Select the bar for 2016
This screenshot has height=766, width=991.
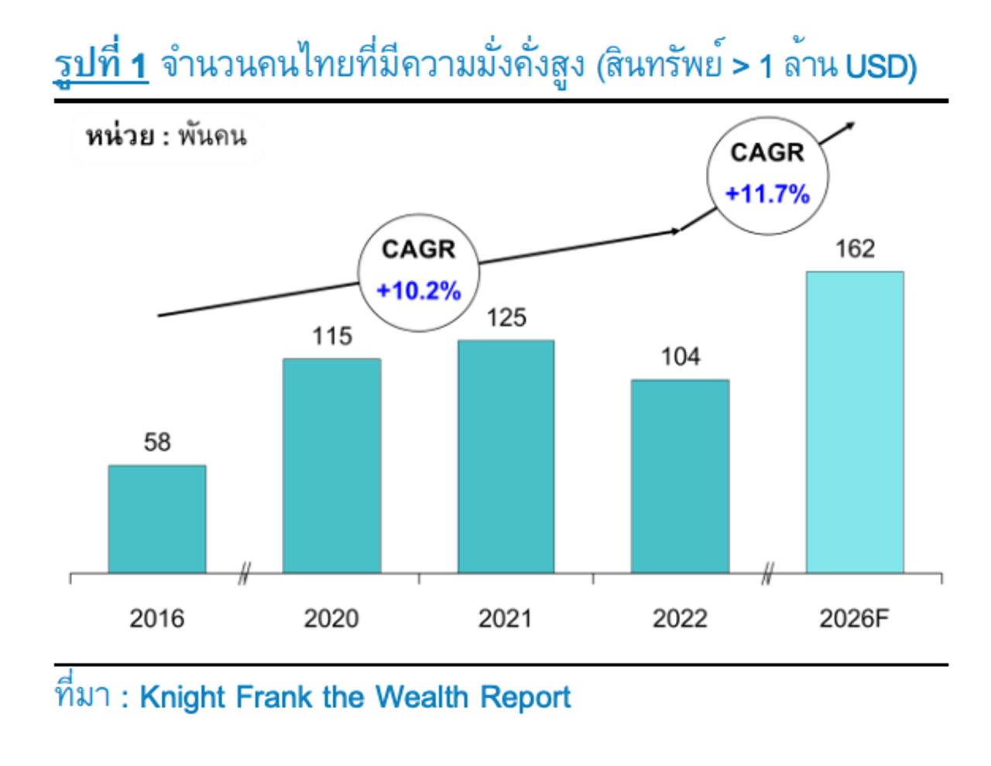pyautogui.click(x=157, y=519)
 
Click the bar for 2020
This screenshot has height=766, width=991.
pyautogui.click(x=331, y=466)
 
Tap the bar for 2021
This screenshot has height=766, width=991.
pyautogui.click(x=506, y=457)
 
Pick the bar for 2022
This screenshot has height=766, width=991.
pyautogui.click(x=680, y=477)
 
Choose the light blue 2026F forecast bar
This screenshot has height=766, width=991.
pyautogui.click(x=855, y=422)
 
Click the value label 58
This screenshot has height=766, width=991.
pyautogui.click(x=157, y=443)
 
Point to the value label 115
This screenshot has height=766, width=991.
pyautogui.click(x=331, y=337)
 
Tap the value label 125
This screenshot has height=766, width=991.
pyautogui.click(x=506, y=318)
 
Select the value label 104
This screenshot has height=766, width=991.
pyautogui.click(x=681, y=357)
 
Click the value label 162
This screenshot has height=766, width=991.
pyautogui.click(x=855, y=249)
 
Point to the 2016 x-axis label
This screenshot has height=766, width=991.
pyautogui.click(x=157, y=619)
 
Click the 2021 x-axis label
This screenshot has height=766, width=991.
pyautogui.click(x=506, y=619)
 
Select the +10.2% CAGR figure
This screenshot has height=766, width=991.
pyautogui.click(x=418, y=291)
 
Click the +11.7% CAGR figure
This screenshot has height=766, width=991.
pyautogui.click(x=767, y=193)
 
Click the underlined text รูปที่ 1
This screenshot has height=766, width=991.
pyautogui.click(x=101, y=66)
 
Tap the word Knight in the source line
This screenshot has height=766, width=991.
pyautogui.click(x=183, y=697)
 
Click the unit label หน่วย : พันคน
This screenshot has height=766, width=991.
pyautogui.click(x=166, y=137)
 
